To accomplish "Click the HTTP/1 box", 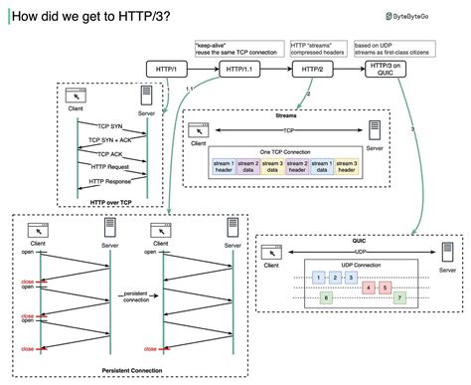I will click(x=165, y=68).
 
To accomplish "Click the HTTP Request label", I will click(x=109, y=167).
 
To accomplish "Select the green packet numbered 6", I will click(x=325, y=297).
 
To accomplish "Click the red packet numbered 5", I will click(x=384, y=288).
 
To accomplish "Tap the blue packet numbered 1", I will click(x=318, y=276).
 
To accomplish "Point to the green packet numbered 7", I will click(x=398, y=297).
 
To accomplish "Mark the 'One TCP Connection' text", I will click(x=284, y=151).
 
